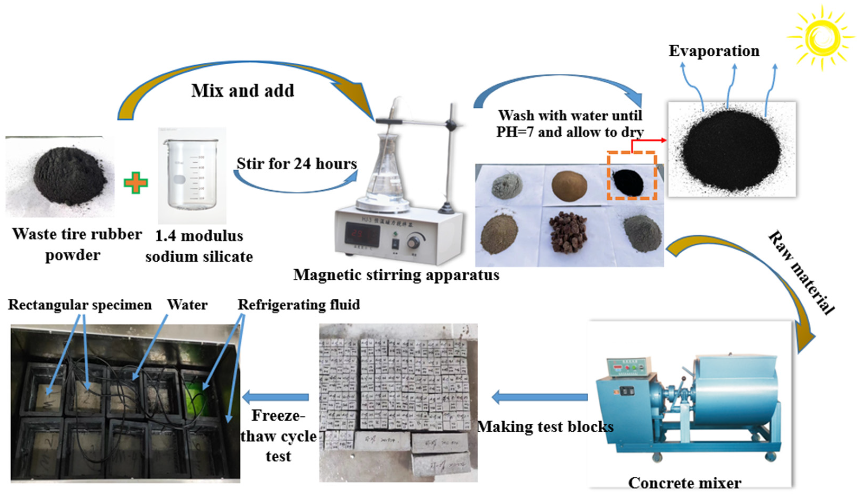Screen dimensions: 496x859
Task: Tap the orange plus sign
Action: coord(136,183)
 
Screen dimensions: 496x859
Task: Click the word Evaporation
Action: coord(714,51)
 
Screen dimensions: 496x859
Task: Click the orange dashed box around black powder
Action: coord(632,176)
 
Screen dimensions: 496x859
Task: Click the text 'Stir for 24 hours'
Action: coord(296,164)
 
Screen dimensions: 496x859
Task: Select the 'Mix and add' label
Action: coord(242,91)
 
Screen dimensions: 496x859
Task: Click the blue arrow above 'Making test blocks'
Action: coord(540,397)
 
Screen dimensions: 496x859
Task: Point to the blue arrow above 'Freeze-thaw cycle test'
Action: coord(276,397)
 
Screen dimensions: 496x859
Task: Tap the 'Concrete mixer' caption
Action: coord(685,483)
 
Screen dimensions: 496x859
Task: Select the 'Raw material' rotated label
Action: coord(800,273)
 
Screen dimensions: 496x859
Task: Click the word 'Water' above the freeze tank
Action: coord(187,305)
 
